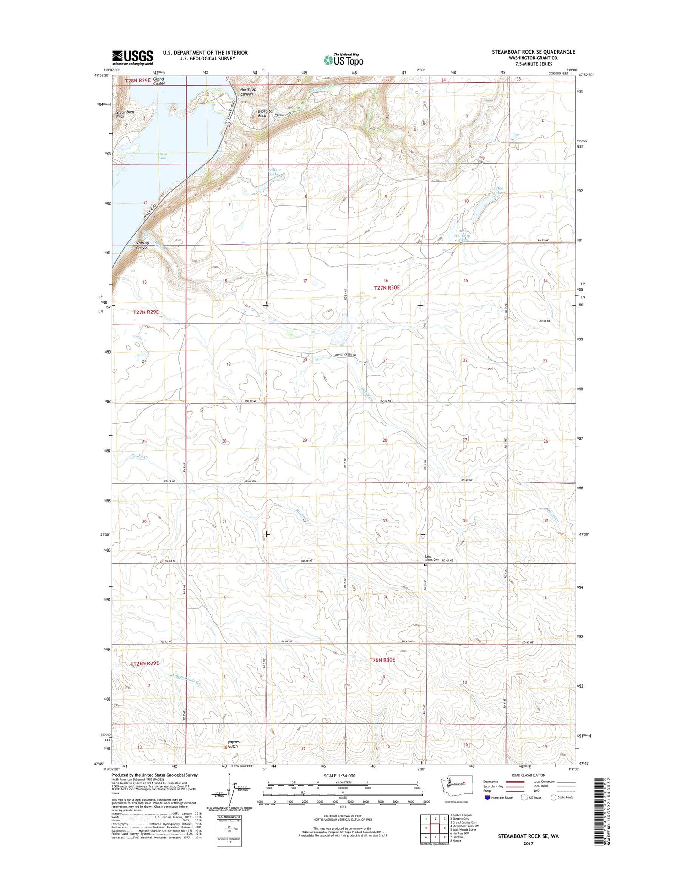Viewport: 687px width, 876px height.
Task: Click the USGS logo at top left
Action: (x=133, y=57)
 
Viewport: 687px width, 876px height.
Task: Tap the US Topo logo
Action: (x=343, y=60)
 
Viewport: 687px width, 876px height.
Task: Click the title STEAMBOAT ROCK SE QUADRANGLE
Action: (x=534, y=52)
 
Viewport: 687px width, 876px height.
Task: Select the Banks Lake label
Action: (x=161, y=156)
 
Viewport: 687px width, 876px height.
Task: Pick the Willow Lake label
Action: (x=274, y=172)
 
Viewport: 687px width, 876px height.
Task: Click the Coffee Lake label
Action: (x=497, y=190)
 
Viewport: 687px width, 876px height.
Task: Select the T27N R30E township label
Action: (x=387, y=288)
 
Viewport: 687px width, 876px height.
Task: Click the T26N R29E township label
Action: (x=146, y=663)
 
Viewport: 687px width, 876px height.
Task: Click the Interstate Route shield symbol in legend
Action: (x=487, y=798)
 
